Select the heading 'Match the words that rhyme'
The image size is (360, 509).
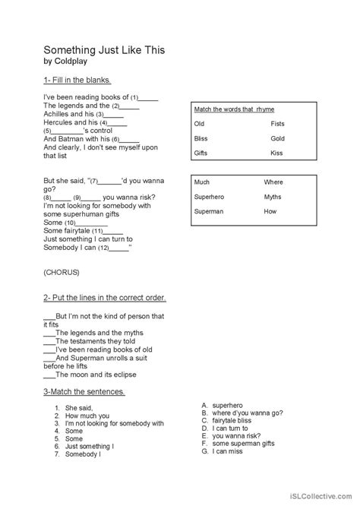pos(232,109)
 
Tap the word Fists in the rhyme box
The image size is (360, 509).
pos(277,123)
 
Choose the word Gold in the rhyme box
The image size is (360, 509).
pos(277,138)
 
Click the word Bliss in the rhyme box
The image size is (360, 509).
pos(201,138)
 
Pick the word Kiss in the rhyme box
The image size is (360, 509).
pos(276,153)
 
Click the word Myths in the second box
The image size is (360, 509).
pos(273,197)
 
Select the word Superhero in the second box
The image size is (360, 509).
pos(210,197)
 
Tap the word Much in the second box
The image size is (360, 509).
pos(202,182)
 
